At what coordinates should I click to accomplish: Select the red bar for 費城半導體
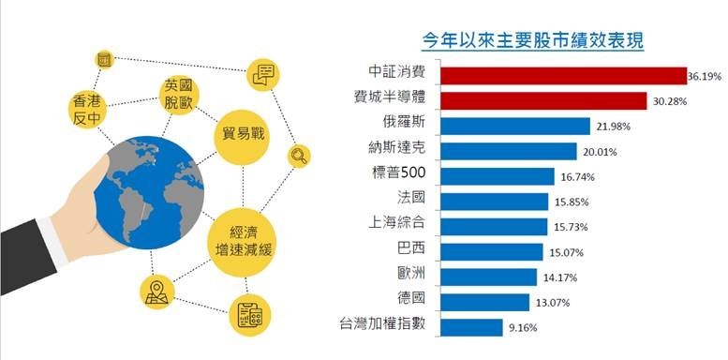(543, 100)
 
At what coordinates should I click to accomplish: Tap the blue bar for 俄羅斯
(514, 126)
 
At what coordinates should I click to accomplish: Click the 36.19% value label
(704, 75)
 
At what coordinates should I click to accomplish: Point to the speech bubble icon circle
(263, 73)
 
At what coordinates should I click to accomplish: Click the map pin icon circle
(155, 292)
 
